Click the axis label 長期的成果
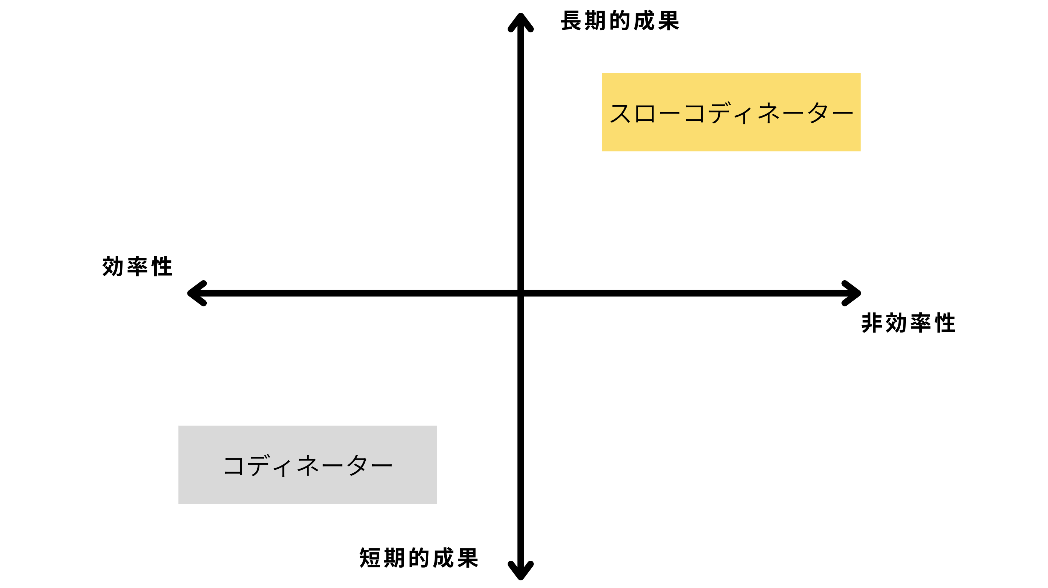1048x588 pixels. pyautogui.click(x=620, y=21)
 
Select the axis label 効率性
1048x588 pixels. pyautogui.click(x=138, y=267)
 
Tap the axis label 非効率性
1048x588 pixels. pyautogui.click(x=908, y=323)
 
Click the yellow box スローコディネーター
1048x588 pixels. pyautogui.click(x=731, y=112)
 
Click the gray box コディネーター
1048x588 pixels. pyautogui.click(x=307, y=465)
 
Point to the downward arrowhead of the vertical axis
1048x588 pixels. pyautogui.click(x=520, y=572)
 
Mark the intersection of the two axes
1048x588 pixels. pyautogui.click(x=520, y=293)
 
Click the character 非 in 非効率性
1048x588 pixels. pyautogui.click(x=872, y=323)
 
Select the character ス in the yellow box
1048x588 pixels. pyautogui.click(x=621, y=113)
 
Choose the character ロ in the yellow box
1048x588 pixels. pyautogui.click(x=645, y=114)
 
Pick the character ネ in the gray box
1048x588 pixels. pyautogui.click(x=308, y=465)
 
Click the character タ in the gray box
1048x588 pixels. pyautogui.click(x=357, y=465)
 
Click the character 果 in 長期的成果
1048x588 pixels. pyautogui.click(x=668, y=21)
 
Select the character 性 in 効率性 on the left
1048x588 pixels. pyautogui.click(x=162, y=267)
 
